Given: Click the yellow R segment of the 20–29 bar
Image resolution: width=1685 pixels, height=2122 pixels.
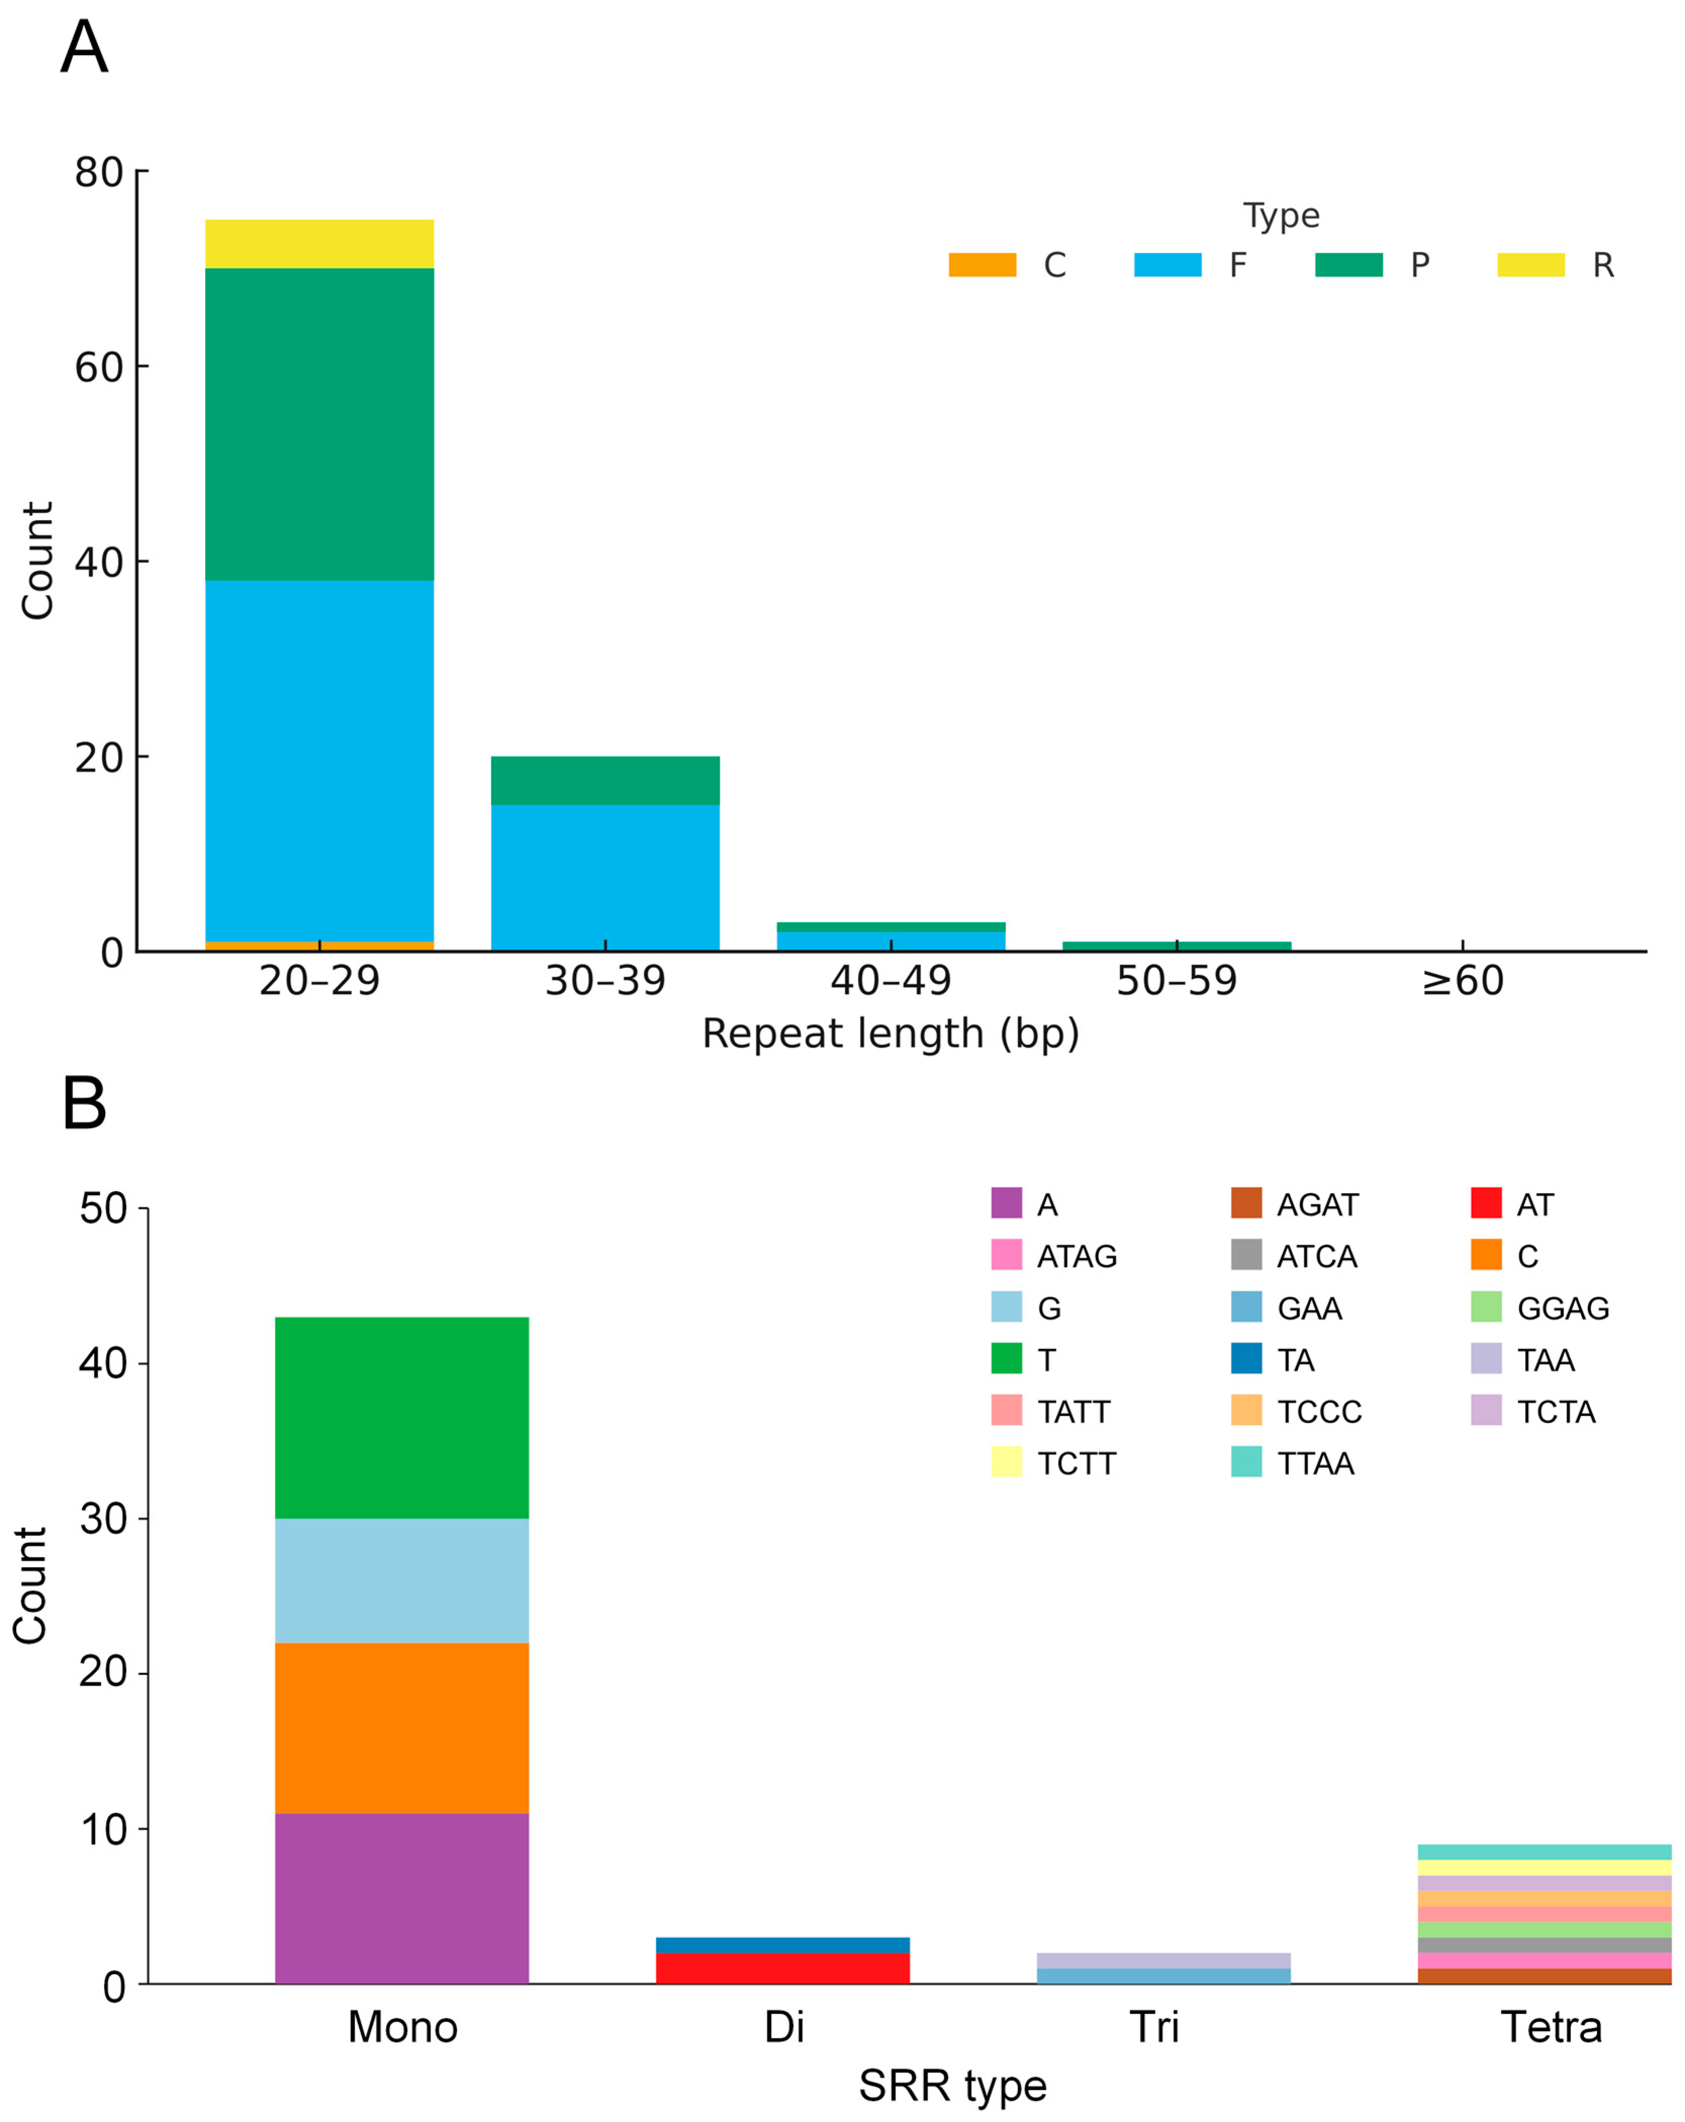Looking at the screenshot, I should click(x=319, y=244).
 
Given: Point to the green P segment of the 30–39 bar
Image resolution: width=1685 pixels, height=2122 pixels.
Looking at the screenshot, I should click(x=604, y=780).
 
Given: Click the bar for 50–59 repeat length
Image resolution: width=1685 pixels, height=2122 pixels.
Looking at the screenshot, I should click(x=1176, y=946).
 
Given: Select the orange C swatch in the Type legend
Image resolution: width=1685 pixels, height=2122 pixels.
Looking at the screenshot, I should click(x=981, y=265).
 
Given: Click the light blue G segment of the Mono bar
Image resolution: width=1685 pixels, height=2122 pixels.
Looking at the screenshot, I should click(x=402, y=1581).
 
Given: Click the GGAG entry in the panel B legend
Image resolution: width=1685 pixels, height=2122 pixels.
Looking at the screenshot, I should click(x=1561, y=1308).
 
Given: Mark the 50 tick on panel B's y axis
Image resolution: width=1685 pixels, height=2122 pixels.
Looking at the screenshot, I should click(x=104, y=1209).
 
